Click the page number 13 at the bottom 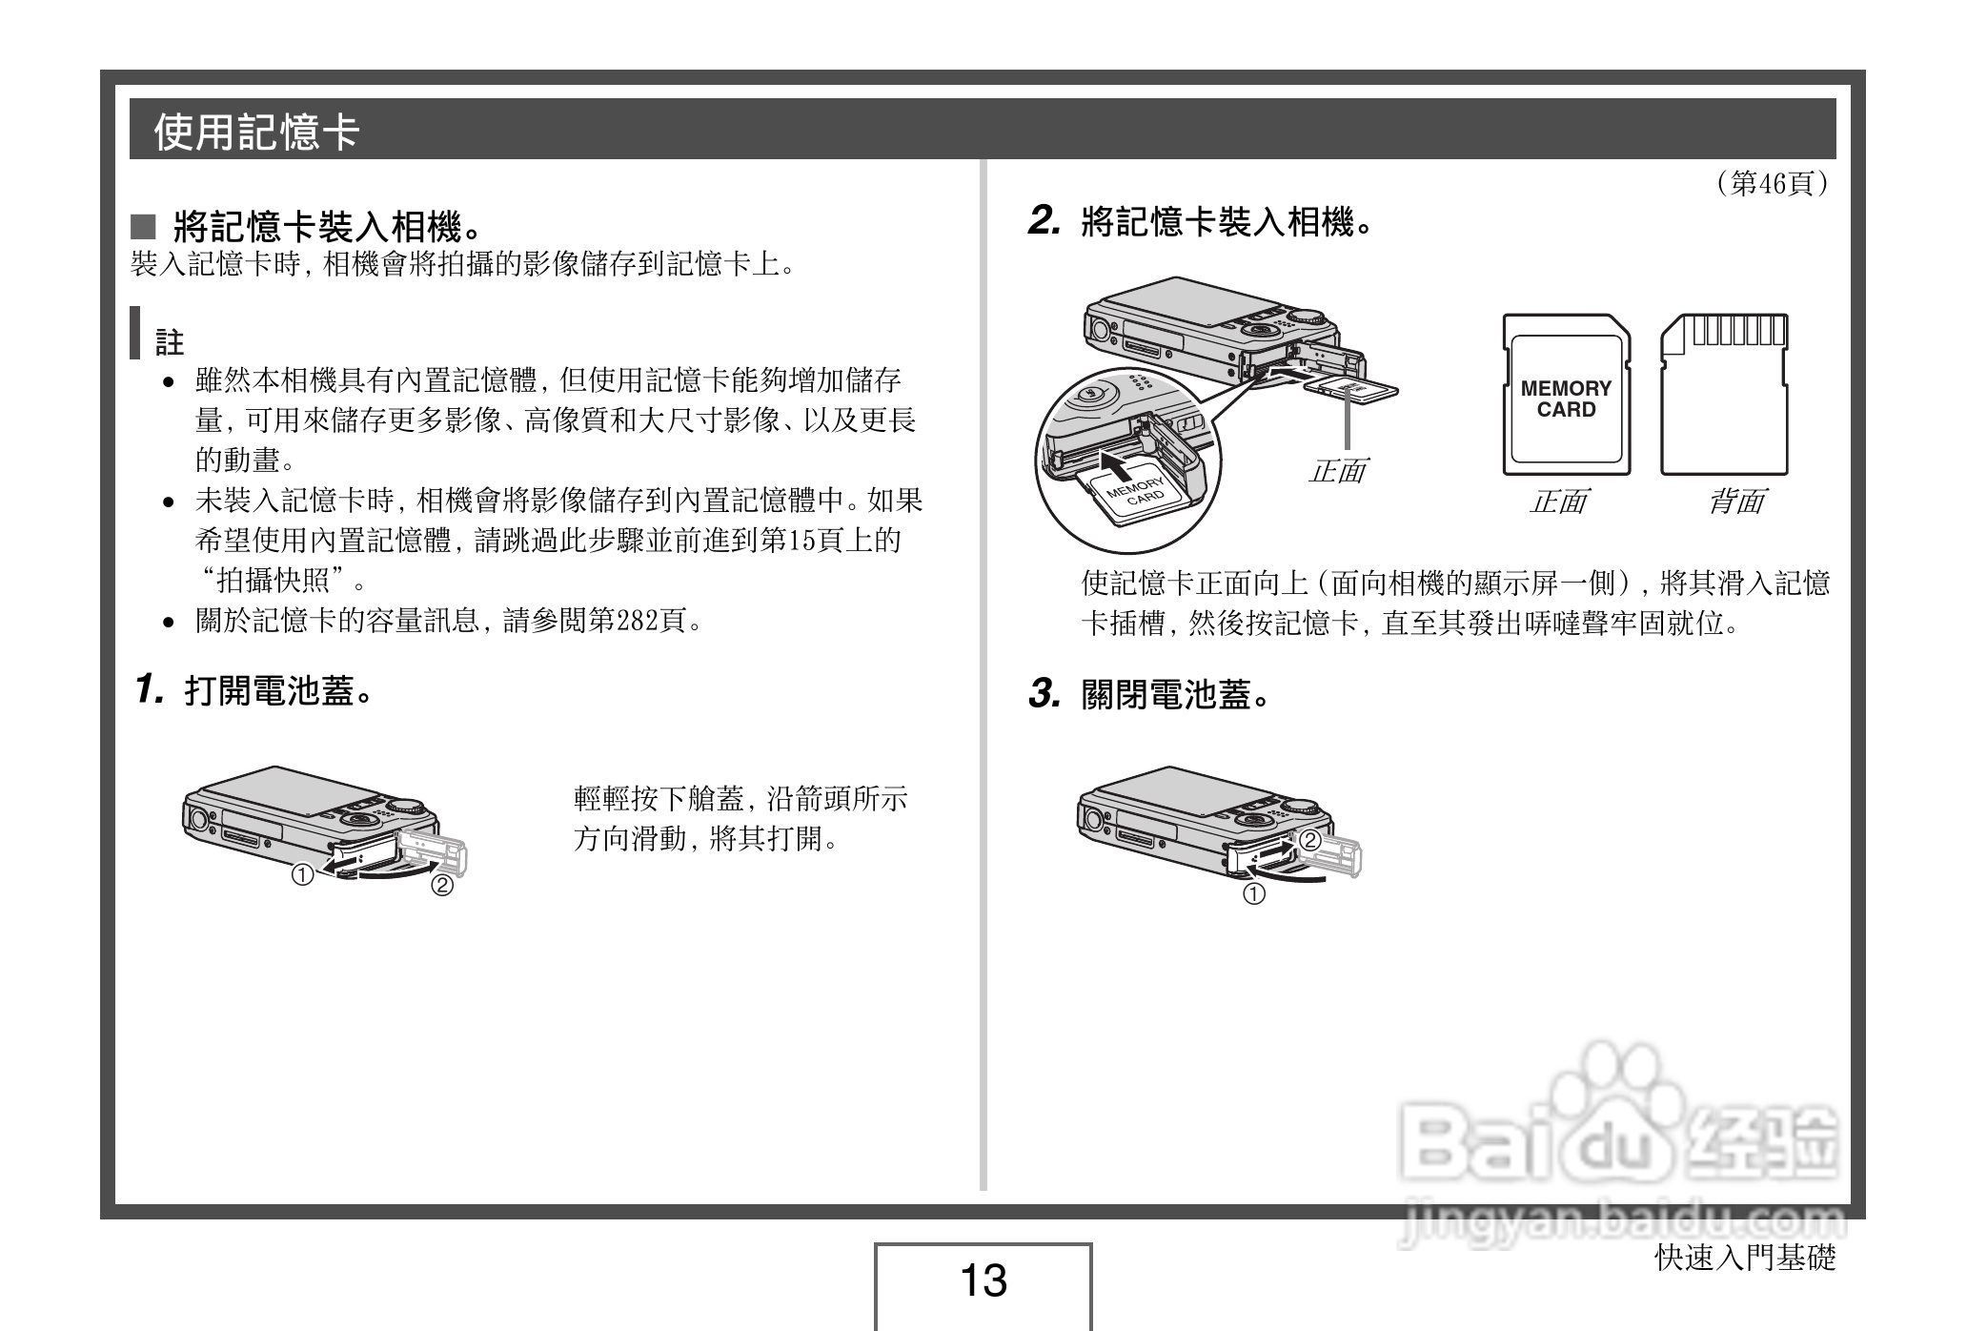tap(983, 1280)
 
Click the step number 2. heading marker tap(1044, 222)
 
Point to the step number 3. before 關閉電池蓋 tap(1044, 694)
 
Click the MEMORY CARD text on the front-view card tap(1566, 399)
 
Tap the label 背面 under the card tap(1734, 502)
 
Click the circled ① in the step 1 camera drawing tap(302, 874)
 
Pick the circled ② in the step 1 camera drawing tap(442, 886)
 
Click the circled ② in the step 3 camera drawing tap(1310, 840)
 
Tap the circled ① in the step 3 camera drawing tap(1254, 894)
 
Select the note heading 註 tap(170, 342)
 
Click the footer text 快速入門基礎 tap(1744, 1258)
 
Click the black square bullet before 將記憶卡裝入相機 tap(143, 227)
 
